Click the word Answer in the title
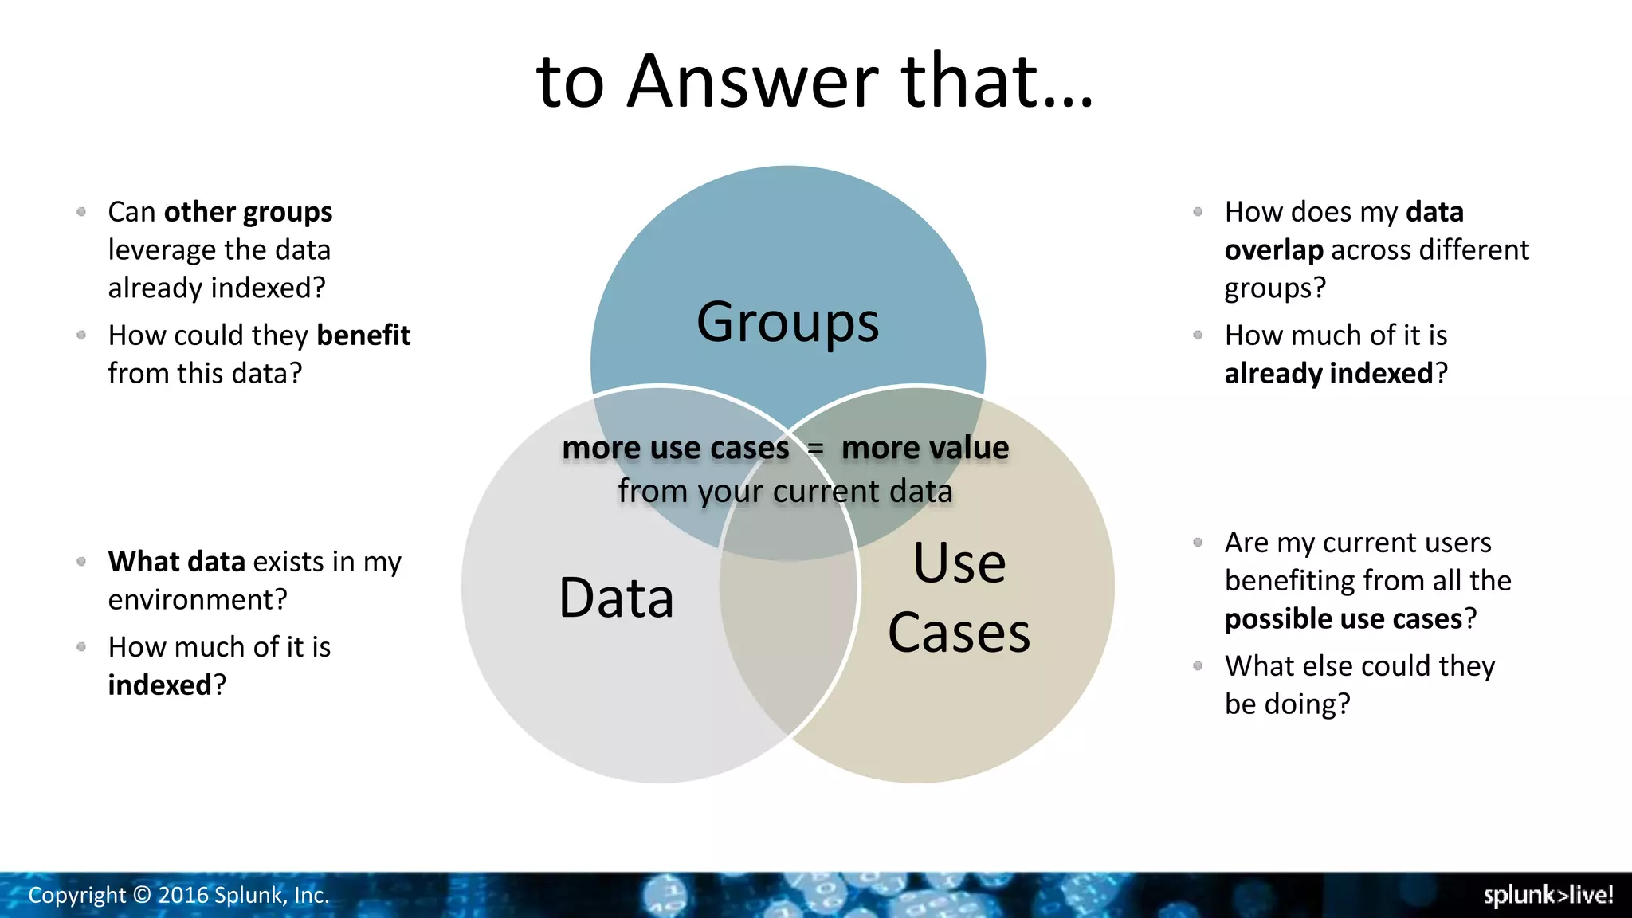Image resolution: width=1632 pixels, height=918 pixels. [x=752, y=81]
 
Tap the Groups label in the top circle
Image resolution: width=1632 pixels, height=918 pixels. [x=787, y=322]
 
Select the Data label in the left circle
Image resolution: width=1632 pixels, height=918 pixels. [x=616, y=598]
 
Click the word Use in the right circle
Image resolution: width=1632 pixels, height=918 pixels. [x=959, y=563]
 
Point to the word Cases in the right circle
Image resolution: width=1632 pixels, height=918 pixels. [x=959, y=633]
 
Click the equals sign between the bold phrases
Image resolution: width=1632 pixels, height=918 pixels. [x=814, y=449]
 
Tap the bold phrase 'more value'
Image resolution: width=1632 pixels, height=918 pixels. [x=924, y=448]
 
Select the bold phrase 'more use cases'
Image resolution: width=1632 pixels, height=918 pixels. [x=675, y=448]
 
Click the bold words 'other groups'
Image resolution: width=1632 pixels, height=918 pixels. [x=248, y=212]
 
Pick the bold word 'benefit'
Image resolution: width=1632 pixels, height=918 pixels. [x=363, y=335]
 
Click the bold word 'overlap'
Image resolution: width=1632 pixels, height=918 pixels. [x=1273, y=250]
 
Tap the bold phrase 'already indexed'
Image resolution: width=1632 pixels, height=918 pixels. [x=1328, y=374]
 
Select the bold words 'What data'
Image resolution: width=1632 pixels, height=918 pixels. [x=176, y=562]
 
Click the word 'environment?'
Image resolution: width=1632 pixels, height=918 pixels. [x=198, y=600]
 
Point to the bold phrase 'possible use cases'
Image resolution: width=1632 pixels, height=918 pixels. [x=1344, y=619]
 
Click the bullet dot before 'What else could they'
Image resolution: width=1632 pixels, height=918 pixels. [x=1198, y=665]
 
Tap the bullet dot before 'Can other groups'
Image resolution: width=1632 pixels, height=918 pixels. [x=81, y=211]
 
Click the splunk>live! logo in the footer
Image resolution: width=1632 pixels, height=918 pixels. [x=1548, y=895]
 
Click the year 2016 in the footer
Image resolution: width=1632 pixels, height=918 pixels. [x=183, y=896]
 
